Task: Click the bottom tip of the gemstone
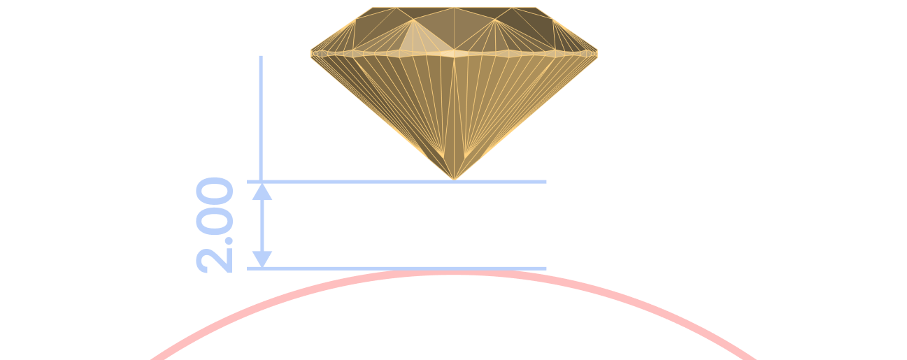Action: (454, 180)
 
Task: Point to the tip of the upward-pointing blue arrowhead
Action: (262, 184)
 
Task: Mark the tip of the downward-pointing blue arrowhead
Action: (262, 267)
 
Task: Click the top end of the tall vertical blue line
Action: (261, 56)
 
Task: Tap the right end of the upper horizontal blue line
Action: (546, 182)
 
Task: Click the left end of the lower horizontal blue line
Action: (247, 268)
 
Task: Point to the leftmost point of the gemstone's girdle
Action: (311, 53)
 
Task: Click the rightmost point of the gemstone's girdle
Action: (597, 53)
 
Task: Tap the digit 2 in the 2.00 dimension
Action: (214, 260)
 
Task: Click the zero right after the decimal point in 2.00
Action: (214, 220)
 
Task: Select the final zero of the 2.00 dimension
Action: (214, 191)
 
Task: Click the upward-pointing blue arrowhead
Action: (262, 192)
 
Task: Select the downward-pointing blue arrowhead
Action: (262, 259)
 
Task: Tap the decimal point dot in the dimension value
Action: (229, 241)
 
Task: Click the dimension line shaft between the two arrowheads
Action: (262, 226)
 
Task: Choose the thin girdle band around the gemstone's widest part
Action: (454, 53)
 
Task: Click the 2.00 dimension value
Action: (214, 225)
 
